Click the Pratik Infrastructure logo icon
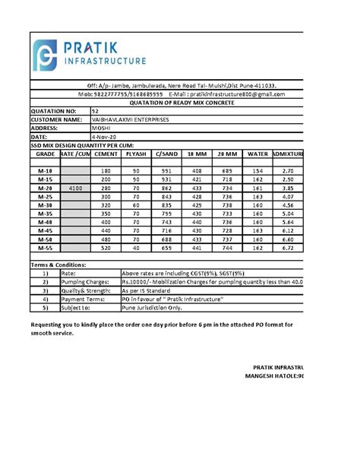point(47,55)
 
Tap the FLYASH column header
point(135,154)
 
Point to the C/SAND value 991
point(166,170)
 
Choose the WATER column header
point(257,154)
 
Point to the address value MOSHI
point(101,128)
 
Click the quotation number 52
point(94,111)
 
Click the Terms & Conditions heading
point(58,265)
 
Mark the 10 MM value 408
point(196,170)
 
